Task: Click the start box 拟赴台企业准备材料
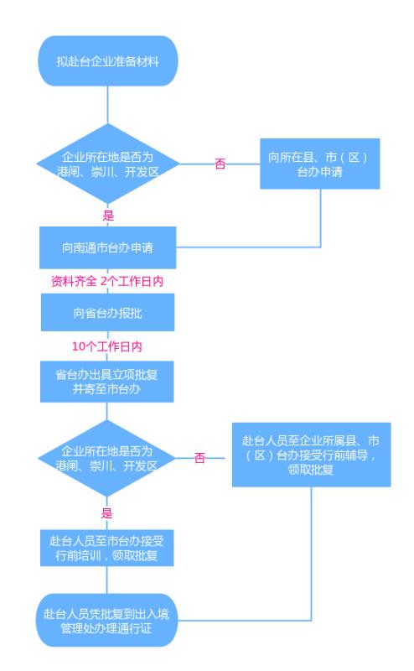107,60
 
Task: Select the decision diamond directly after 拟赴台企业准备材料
107,164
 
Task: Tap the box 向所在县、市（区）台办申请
318,164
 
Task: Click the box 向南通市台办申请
107,247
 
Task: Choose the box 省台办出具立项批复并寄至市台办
107,380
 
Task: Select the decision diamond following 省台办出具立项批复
107,458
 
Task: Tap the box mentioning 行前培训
107,548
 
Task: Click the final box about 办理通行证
107,621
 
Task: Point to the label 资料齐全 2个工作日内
107,281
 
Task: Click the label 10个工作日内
107,346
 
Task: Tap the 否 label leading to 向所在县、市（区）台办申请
220,164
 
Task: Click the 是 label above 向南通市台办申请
107,216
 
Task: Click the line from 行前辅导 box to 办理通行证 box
312,554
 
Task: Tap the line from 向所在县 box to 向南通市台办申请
320,218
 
